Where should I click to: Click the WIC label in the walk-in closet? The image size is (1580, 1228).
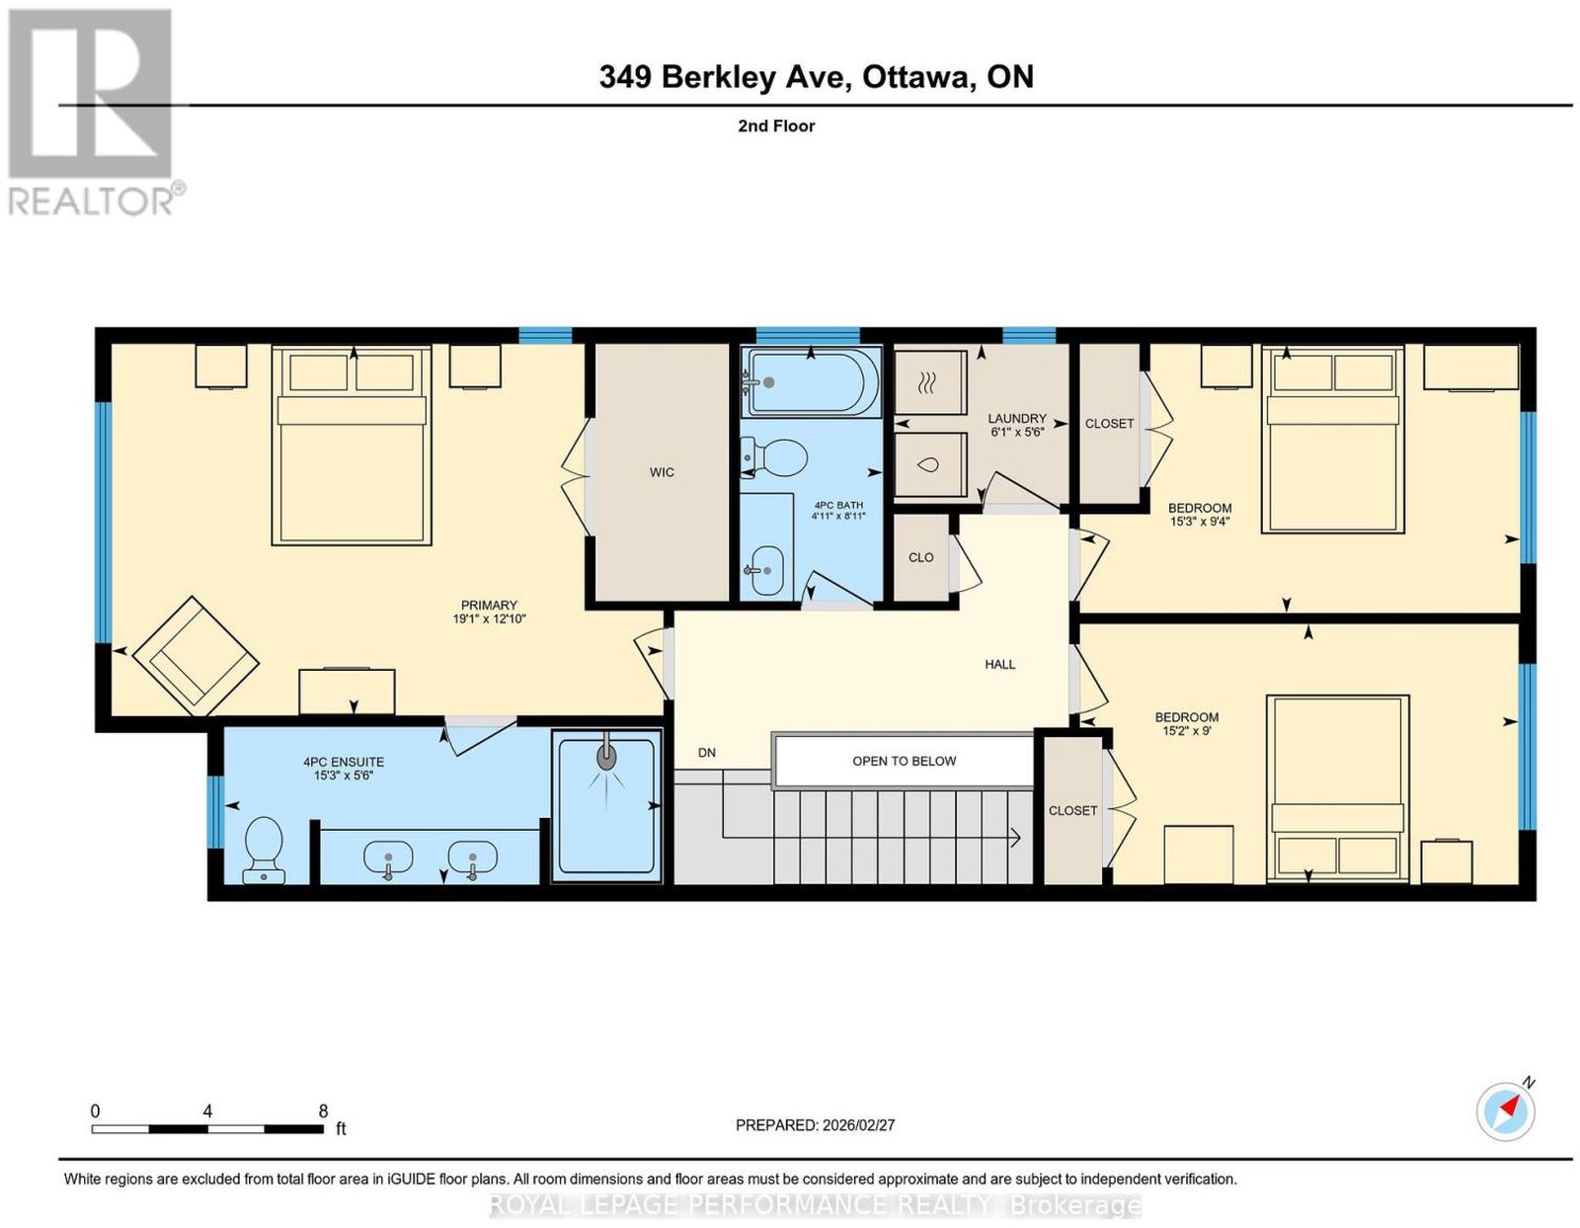point(661,472)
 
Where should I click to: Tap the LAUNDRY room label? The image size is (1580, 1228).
point(1016,419)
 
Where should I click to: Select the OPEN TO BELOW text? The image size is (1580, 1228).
point(904,762)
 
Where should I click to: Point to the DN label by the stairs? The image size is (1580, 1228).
point(707,753)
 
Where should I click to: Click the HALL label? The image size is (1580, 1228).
point(999,664)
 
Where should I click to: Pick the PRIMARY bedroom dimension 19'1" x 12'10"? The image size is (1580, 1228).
point(489,618)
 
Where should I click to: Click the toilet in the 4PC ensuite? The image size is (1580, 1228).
point(264,850)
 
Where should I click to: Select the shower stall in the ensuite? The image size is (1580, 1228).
point(605,807)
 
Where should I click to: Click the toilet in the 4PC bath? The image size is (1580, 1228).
point(773,456)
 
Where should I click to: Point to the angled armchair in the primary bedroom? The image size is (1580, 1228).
point(197,656)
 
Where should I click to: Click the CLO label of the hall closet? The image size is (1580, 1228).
point(920,557)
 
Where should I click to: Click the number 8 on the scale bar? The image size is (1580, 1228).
point(323,1110)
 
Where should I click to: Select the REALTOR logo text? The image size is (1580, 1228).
point(92,202)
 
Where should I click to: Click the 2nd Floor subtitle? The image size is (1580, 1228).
point(776,125)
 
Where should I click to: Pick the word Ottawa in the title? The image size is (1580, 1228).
point(918,77)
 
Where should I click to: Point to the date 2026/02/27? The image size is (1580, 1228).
point(858,1124)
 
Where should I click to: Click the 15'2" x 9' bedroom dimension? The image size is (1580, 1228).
point(1187,731)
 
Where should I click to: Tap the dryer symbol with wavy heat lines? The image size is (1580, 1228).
point(930,382)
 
